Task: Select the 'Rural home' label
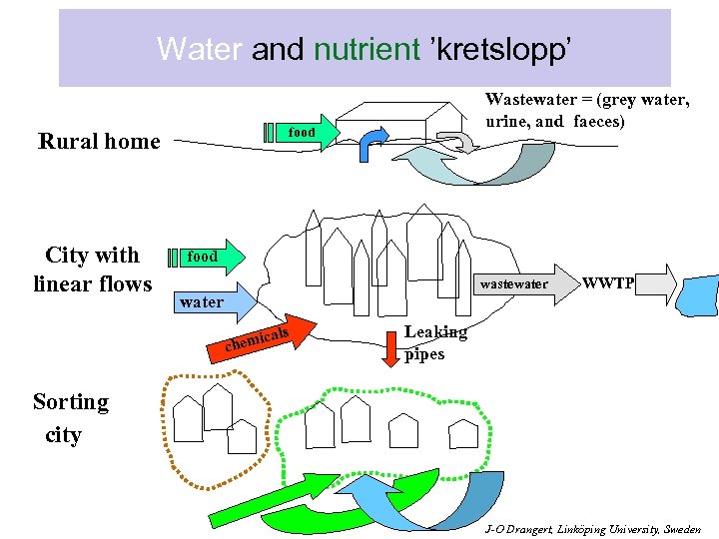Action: coord(99,141)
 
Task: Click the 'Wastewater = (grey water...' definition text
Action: coord(587,110)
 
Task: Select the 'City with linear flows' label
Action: coord(93,269)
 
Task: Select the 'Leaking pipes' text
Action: coord(434,342)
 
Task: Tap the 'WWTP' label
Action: coord(608,283)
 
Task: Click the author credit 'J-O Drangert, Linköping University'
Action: coord(592,529)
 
